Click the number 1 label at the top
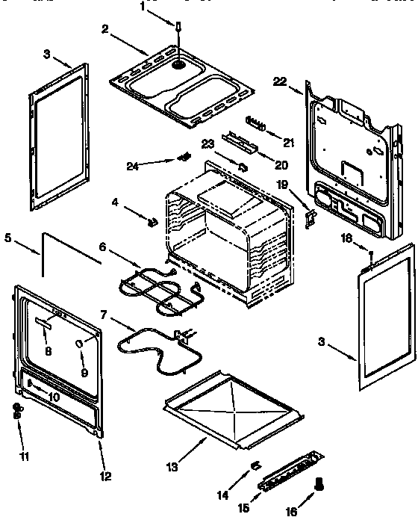point(143,6)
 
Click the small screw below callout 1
point(178,27)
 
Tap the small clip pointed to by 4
point(152,221)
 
